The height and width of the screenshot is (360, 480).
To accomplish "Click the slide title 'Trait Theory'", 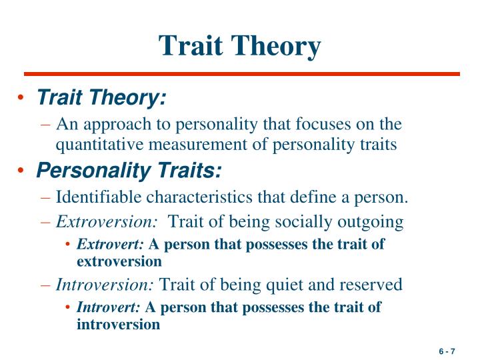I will pos(239,45).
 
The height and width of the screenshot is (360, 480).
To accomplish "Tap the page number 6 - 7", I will pos(446,351).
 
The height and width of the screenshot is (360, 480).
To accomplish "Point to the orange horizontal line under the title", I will pos(241,74).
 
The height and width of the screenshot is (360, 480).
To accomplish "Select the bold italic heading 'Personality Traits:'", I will pos(129,171).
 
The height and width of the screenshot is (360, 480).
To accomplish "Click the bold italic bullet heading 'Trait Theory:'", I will pos(101,98).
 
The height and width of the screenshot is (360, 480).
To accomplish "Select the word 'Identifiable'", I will pos(98,197).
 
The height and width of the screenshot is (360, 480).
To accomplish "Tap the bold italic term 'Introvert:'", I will pos(109,307).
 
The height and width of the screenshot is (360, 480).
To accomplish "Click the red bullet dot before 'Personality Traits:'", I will pos(24,172).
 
